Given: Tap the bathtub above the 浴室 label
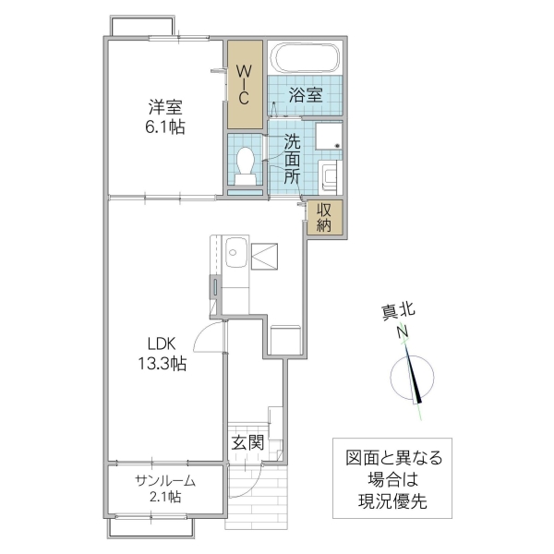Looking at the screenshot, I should [x=305, y=60].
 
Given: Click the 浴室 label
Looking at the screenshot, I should [x=305, y=94].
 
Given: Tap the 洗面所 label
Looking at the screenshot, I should [x=292, y=159].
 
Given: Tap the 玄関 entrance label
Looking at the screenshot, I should [x=247, y=443].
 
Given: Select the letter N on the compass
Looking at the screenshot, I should [x=403, y=333].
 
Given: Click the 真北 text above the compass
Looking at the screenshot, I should [x=398, y=312].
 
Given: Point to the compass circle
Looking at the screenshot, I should [x=409, y=379].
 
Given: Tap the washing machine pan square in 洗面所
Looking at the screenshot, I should [x=329, y=137].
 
